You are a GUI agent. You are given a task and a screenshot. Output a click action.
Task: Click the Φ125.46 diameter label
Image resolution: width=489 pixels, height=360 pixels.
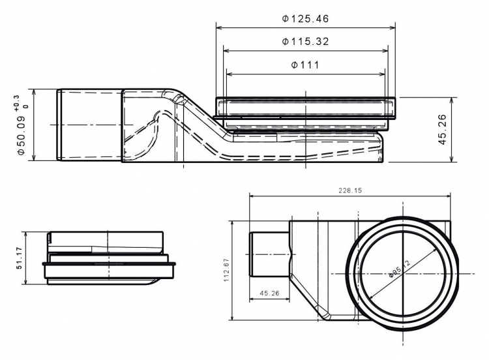pyautogui.click(x=305, y=19)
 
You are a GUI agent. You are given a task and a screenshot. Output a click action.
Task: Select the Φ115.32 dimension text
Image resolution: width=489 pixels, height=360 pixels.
pyautogui.click(x=305, y=42)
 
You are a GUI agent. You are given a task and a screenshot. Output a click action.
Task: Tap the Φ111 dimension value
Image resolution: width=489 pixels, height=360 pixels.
pyautogui.click(x=305, y=65)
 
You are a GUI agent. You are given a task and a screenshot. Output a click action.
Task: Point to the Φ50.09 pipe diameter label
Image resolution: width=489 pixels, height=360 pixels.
pyautogui.click(x=21, y=136)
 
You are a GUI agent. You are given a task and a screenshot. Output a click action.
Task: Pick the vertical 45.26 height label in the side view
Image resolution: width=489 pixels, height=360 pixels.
pyautogui.click(x=442, y=130)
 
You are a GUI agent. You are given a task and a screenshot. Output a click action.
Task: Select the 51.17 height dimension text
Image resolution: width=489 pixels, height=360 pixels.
pyautogui.click(x=19, y=258)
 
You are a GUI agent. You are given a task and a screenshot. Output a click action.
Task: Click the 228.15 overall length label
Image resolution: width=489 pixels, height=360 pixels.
pyautogui.click(x=350, y=190)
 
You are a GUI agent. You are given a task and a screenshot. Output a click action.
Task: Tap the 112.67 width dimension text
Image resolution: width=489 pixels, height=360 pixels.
pyautogui.click(x=226, y=270)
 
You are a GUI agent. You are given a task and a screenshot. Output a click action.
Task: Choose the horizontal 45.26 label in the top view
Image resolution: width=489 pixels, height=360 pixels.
pyautogui.click(x=269, y=293)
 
